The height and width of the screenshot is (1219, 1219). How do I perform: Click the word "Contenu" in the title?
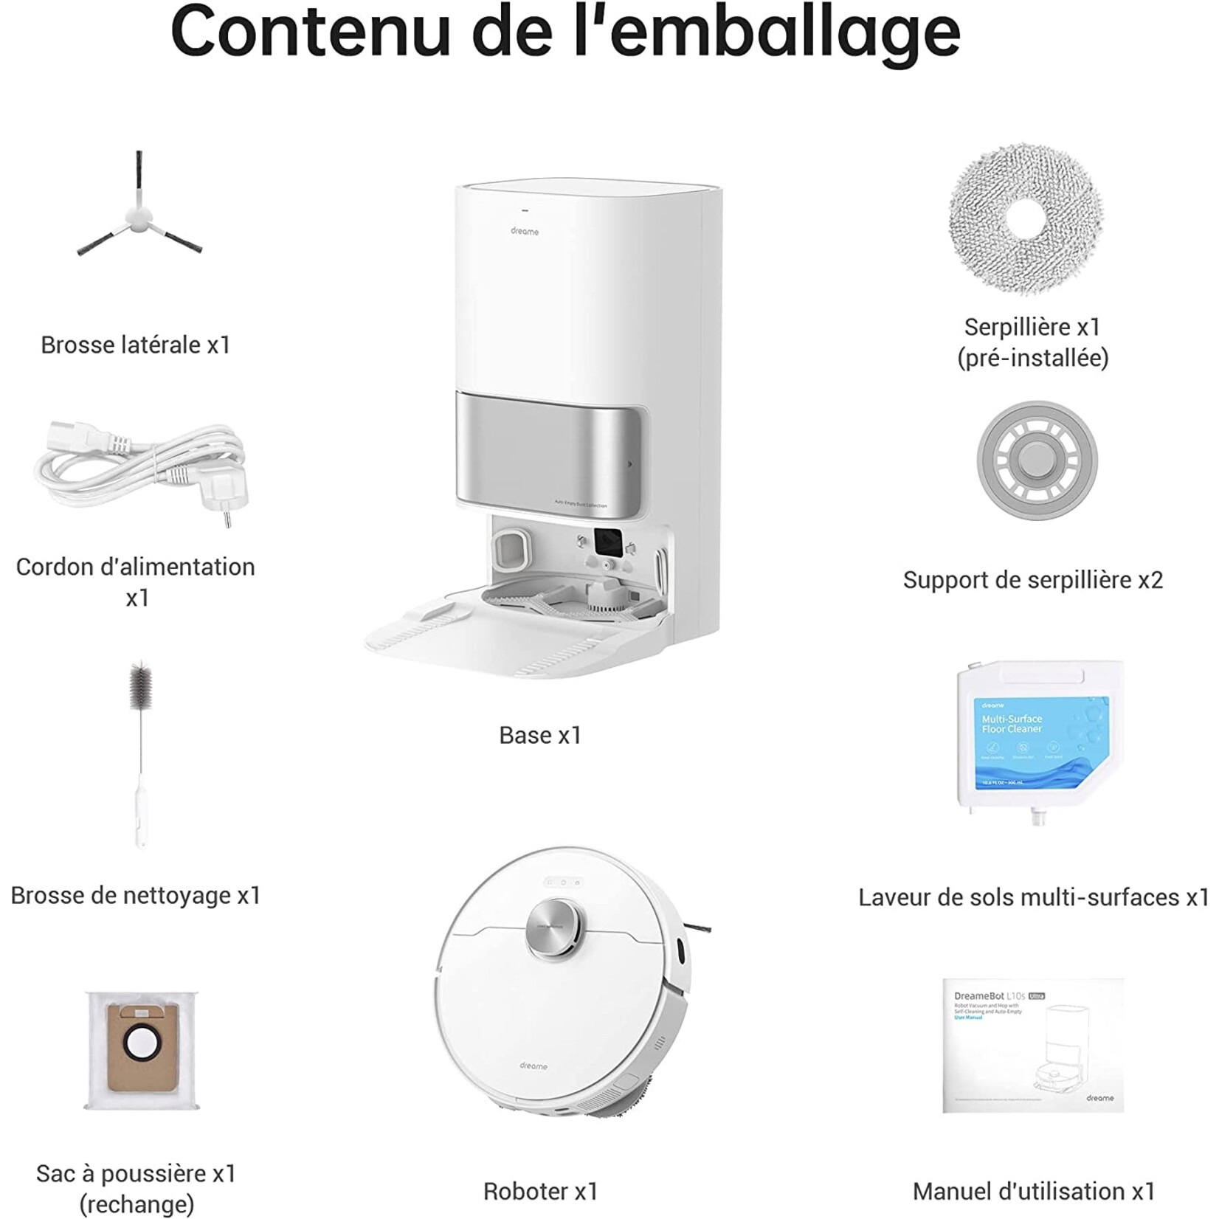point(310,31)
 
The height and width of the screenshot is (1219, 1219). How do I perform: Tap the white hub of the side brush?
point(137,215)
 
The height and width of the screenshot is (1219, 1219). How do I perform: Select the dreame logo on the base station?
point(525,232)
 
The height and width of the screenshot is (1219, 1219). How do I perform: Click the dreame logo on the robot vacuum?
point(533,1066)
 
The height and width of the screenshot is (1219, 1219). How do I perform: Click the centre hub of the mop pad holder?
point(1037,461)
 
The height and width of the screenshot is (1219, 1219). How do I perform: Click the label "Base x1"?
point(540,735)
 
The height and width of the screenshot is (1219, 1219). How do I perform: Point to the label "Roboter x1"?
point(540,1191)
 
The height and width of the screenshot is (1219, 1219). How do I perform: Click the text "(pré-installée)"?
point(1032,358)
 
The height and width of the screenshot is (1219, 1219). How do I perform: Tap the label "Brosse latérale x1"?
point(136,345)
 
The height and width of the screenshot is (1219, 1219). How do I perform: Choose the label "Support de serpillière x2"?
point(1032,580)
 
